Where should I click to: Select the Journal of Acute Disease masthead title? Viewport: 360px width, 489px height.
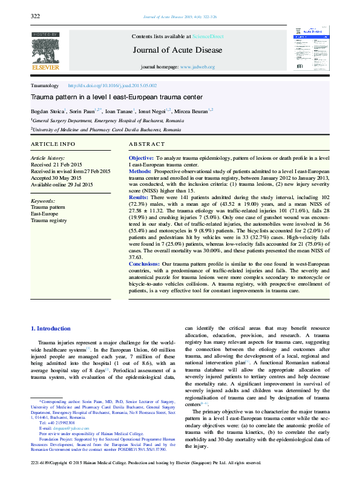pyautogui.click(x=181, y=50)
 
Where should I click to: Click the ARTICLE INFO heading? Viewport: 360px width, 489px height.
pyautogui.click(x=53, y=144)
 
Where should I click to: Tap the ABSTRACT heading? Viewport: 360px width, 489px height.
pyautogui.click(x=146, y=144)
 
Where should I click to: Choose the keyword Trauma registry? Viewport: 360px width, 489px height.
pyautogui.click(x=48, y=221)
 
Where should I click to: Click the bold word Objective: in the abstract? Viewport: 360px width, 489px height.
pyautogui.click(x=142, y=157)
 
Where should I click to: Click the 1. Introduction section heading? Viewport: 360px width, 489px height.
pyautogui.click(x=51, y=329)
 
